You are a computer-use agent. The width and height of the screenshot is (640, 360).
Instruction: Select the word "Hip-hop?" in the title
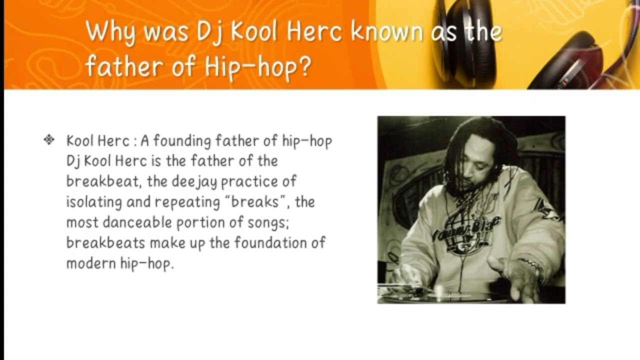[x=258, y=66]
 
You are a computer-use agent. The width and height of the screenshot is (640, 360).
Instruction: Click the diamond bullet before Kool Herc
[x=49, y=140]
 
